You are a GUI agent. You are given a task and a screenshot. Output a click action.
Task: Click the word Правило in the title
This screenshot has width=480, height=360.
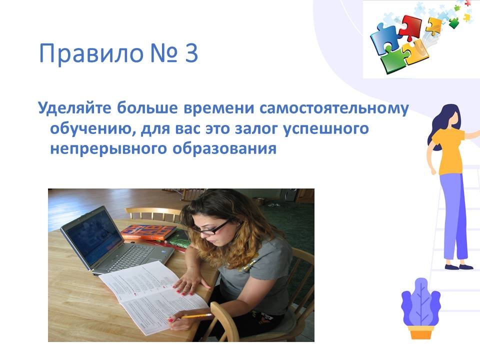coord(91,54)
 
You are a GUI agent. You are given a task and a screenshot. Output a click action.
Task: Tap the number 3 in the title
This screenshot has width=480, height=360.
coord(191,53)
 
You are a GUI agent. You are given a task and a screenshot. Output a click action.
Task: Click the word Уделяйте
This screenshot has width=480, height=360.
coord(74,108)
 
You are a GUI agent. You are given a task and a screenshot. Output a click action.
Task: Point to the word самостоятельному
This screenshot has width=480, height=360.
coord(334,108)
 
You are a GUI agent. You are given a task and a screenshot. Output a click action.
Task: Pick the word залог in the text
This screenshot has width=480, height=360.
coord(256,128)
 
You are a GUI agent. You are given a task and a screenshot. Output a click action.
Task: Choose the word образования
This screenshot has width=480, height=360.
coord(224,149)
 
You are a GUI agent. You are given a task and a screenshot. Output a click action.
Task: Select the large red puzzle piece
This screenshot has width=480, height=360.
coord(410,27)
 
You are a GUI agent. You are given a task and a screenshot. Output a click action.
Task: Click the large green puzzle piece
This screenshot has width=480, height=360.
coord(395,59)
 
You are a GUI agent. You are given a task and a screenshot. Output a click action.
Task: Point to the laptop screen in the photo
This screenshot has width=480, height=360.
coord(92,237)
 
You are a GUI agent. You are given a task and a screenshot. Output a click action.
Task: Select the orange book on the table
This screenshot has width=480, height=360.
coord(148,232)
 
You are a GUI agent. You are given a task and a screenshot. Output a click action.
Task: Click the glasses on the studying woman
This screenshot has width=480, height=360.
coord(215,228)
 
